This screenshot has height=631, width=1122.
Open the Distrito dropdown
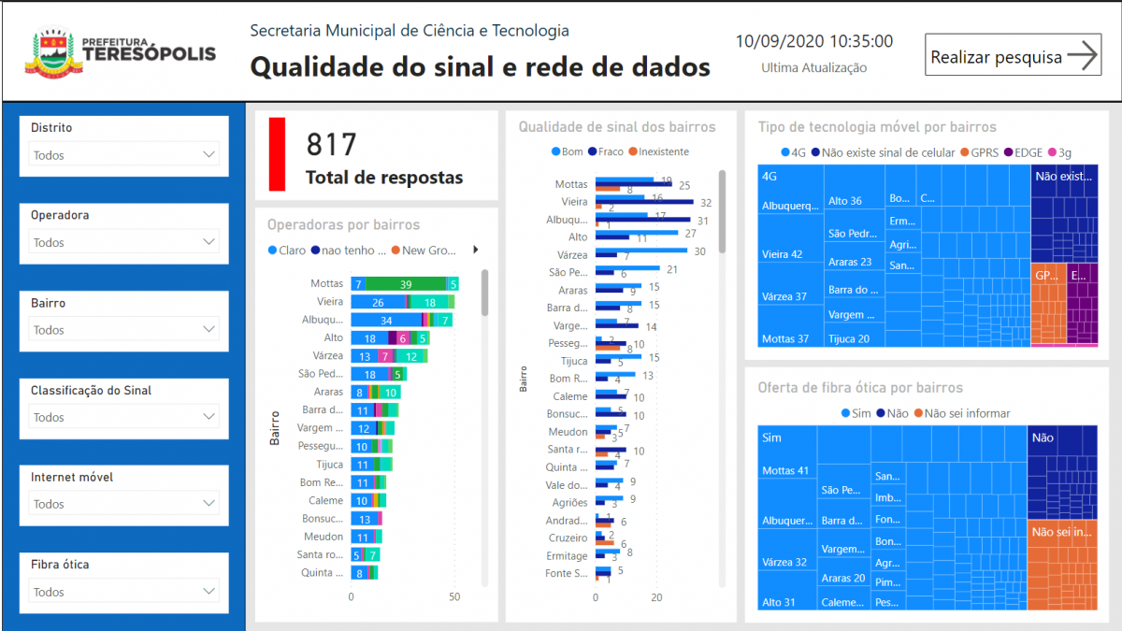coord(124,155)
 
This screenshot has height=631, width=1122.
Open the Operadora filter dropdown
coord(124,242)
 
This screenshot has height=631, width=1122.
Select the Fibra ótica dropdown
coord(124,592)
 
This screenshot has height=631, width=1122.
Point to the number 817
coord(332,145)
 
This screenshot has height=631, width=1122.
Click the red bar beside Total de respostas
coord(277,154)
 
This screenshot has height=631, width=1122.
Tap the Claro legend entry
coord(287,251)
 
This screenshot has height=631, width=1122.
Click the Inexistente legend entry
coord(658,151)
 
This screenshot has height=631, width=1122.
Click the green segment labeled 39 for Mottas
coord(405,284)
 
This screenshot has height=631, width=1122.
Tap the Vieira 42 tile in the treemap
coord(783,254)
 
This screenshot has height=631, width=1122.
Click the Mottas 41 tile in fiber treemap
coord(785,470)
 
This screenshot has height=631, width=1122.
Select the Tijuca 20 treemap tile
coord(849,339)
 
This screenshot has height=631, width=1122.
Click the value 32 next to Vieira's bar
coord(705,203)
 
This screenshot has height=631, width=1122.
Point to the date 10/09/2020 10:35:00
coord(813,41)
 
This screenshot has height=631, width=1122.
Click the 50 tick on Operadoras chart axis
coord(453,597)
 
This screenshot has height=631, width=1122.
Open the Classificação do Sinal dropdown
coord(124,417)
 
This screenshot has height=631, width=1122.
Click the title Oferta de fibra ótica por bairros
coord(860,388)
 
